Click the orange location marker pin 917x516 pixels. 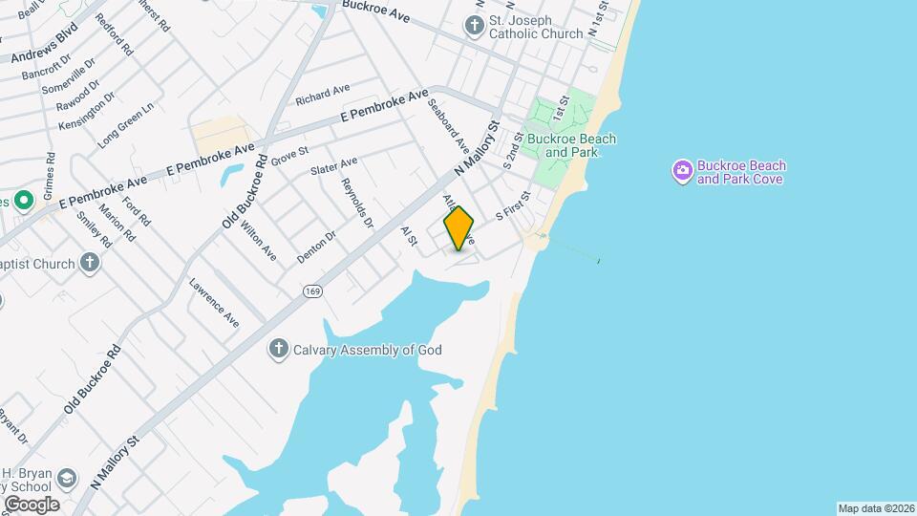(x=458, y=228)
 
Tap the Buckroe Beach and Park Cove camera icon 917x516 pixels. (x=682, y=171)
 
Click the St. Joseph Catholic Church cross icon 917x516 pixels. (x=474, y=26)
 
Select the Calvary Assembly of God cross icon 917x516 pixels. (x=278, y=349)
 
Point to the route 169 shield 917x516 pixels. (x=311, y=290)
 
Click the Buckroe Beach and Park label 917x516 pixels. (x=571, y=145)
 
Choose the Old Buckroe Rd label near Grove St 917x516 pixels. (x=245, y=191)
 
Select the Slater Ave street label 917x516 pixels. (x=333, y=166)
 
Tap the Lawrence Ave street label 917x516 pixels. (x=214, y=302)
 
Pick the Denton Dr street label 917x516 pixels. (x=317, y=247)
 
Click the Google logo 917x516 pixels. (x=32, y=504)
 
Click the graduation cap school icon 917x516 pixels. (x=67, y=476)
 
